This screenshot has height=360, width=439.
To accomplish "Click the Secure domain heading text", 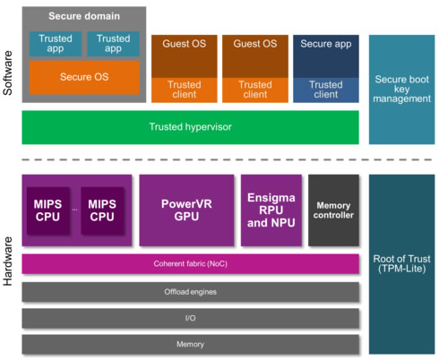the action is click(84, 16).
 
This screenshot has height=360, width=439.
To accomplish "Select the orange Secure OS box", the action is click(84, 78).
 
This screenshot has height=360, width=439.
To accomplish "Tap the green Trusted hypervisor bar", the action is click(190, 127).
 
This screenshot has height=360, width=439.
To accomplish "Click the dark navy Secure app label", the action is click(326, 44).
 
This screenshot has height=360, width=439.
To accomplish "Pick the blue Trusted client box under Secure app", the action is click(326, 90).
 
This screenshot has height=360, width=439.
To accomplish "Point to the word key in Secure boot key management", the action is click(401, 90).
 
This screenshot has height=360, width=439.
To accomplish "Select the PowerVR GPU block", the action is click(186, 210).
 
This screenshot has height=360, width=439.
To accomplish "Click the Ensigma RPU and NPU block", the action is click(271, 210).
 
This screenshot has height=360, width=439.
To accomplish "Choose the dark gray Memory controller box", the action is click(333, 210).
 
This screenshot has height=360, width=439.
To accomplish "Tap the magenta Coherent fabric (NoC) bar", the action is click(190, 264).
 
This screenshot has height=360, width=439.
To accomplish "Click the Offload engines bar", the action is click(190, 292).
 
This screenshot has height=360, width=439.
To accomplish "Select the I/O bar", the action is click(190, 318).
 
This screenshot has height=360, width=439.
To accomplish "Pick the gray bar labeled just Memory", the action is click(190, 345).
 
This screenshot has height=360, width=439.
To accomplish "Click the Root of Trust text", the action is click(401, 259).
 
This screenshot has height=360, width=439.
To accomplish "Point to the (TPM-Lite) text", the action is click(401, 269).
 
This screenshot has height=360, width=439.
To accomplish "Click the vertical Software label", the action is click(8, 73).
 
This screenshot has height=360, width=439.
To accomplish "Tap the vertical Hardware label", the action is click(8, 261).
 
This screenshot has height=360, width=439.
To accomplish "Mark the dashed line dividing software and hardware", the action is click(227, 159).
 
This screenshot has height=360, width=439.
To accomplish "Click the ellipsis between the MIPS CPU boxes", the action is click(74, 210).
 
